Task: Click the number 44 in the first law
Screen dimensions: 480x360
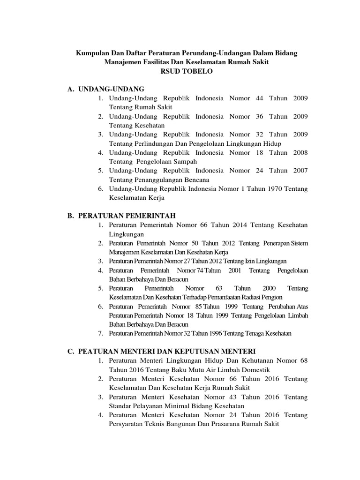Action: click(x=260, y=98)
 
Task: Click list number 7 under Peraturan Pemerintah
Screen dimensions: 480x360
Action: click(x=100, y=333)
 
